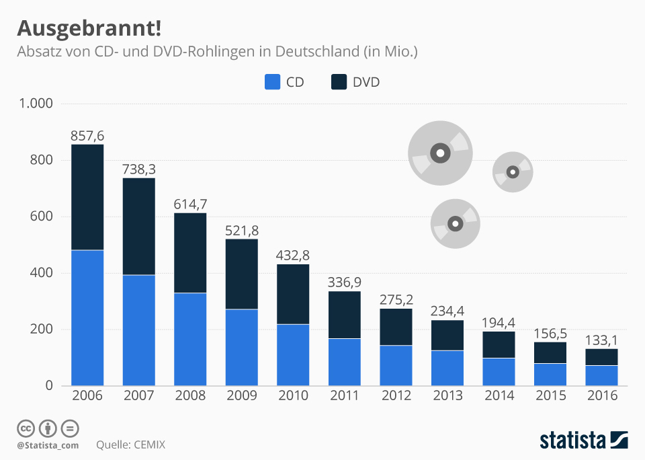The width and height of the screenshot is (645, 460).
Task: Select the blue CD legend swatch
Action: coord(271,82)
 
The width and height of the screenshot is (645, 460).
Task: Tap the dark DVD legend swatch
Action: coord(339,82)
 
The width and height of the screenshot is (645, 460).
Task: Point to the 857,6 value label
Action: coord(87,135)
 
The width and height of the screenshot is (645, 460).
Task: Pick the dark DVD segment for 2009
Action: coord(242,274)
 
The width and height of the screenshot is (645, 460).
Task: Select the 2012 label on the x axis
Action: coord(396,395)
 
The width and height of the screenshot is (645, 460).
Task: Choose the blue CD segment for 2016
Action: coord(602,375)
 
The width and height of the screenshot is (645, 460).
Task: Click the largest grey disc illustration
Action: coord(440,153)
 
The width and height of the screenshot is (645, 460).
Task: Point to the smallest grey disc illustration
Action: coord(513,171)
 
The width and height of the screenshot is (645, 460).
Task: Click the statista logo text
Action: coord(572,440)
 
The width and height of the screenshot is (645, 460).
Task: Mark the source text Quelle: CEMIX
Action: coord(130,445)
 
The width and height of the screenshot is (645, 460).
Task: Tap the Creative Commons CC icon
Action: coord(26,428)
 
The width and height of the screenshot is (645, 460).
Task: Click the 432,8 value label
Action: coord(293,256)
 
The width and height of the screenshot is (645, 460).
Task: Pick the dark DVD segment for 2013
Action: coord(447,335)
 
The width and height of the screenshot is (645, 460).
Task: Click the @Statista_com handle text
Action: coord(48,445)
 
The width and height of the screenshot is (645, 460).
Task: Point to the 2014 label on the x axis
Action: coord(499,395)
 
